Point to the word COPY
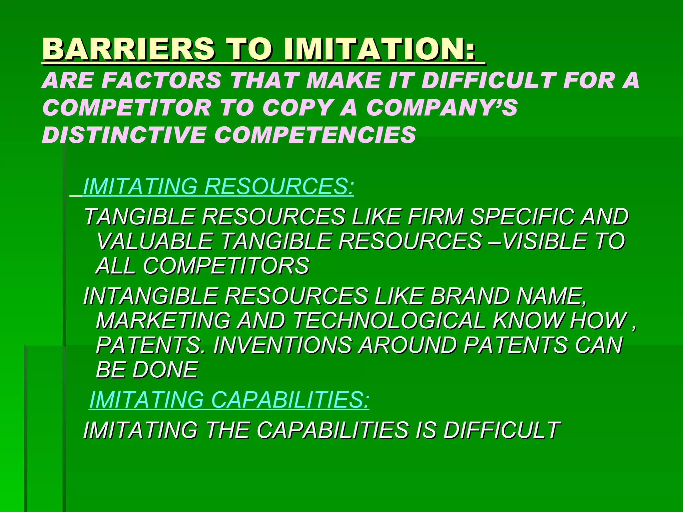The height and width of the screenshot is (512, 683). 297,108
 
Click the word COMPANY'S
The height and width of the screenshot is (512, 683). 442,108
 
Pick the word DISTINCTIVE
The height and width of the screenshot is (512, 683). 123,135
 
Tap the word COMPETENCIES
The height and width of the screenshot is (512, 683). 315,135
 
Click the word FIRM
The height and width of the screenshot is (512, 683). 435,217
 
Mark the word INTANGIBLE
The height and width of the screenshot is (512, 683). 150,296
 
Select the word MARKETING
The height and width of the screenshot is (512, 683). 163,320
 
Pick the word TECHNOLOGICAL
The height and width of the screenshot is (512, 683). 389,320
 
